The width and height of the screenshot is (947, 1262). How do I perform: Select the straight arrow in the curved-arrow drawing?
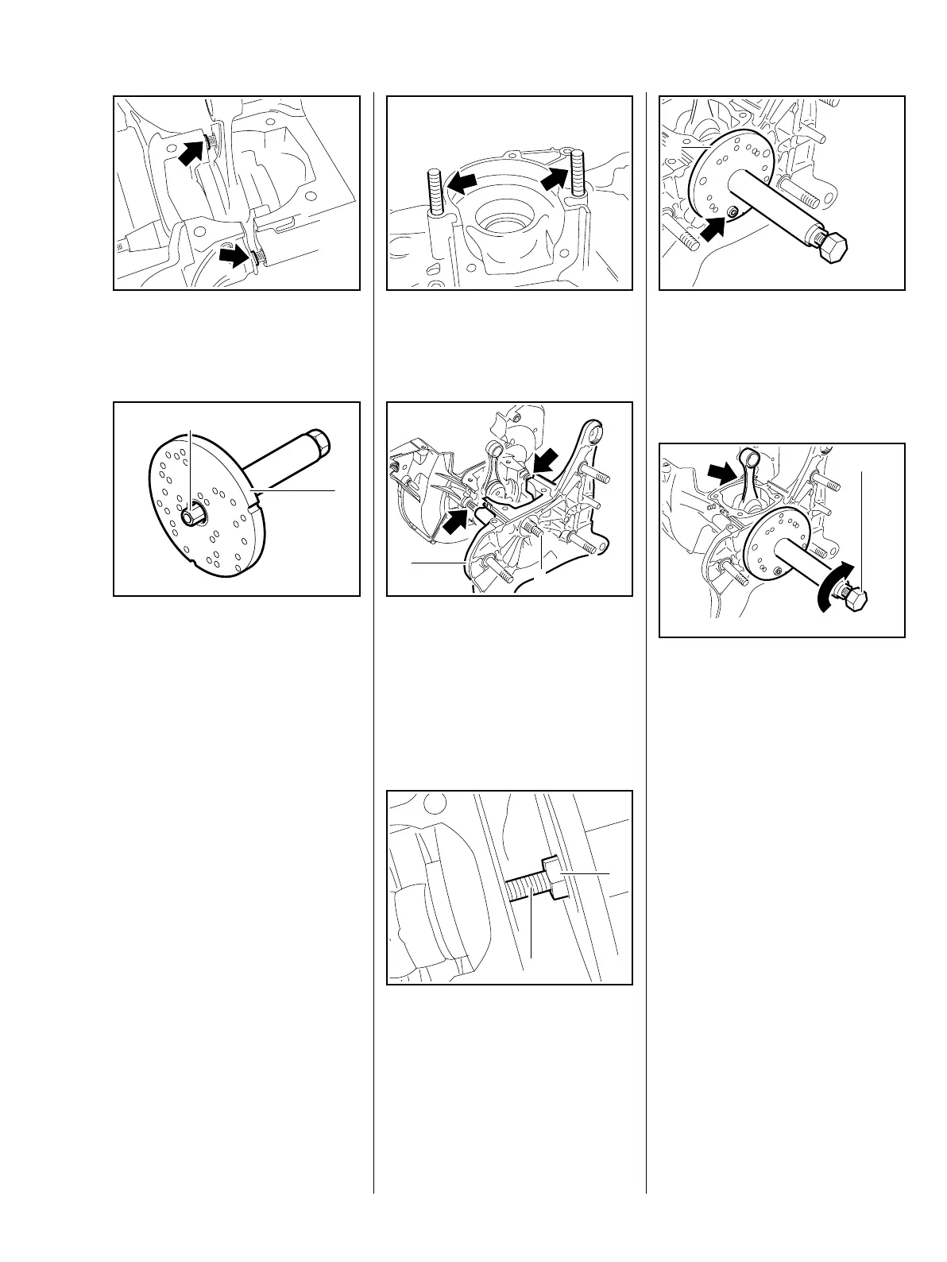click(722, 474)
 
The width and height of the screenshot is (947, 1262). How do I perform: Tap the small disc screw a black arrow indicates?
click(732, 211)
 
